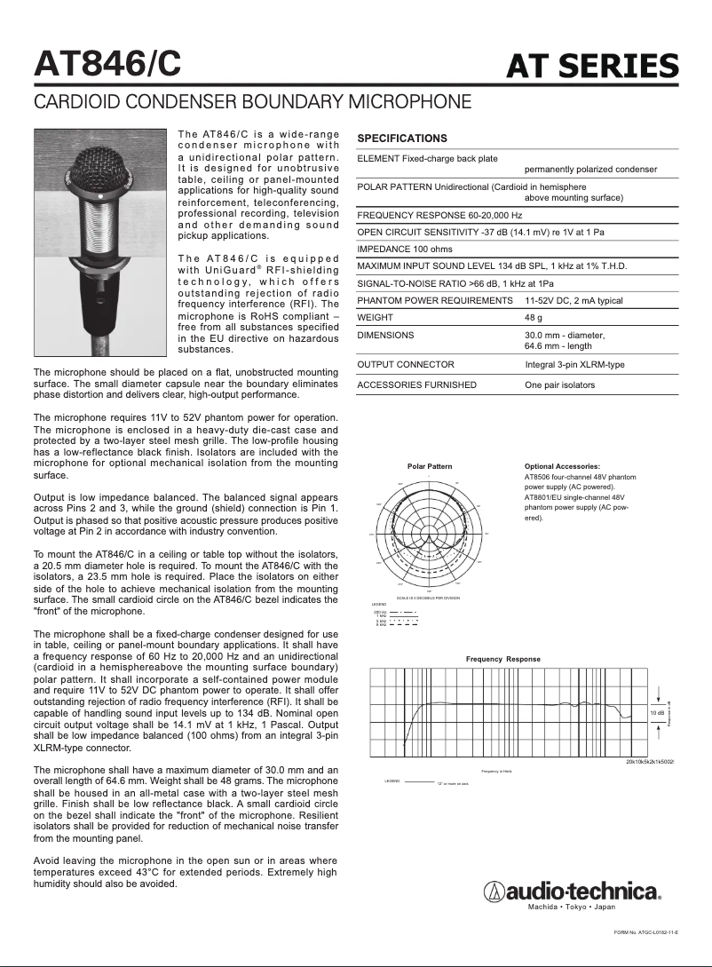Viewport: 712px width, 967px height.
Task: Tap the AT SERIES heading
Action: click(592, 66)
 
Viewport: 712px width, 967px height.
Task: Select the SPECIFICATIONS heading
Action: click(402, 139)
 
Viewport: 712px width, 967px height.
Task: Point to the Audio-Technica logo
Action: click(572, 892)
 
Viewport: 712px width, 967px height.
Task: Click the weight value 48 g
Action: click(534, 317)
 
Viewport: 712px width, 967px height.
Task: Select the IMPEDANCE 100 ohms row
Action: click(405, 250)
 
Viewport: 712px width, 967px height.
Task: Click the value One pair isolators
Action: click(560, 384)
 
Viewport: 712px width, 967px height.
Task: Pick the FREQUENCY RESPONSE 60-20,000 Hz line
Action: click(439, 216)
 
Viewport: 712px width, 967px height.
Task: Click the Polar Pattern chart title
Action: click(430, 466)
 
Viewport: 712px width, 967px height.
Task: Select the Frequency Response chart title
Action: click(503, 659)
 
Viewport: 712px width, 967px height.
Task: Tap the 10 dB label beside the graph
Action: click(657, 712)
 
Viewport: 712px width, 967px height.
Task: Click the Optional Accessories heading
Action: click(563, 466)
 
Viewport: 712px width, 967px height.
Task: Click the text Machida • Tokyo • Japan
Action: click(572, 908)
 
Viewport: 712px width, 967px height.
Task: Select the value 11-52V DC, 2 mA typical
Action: click(574, 300)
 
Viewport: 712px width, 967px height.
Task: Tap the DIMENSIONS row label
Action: click(385, 336)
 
